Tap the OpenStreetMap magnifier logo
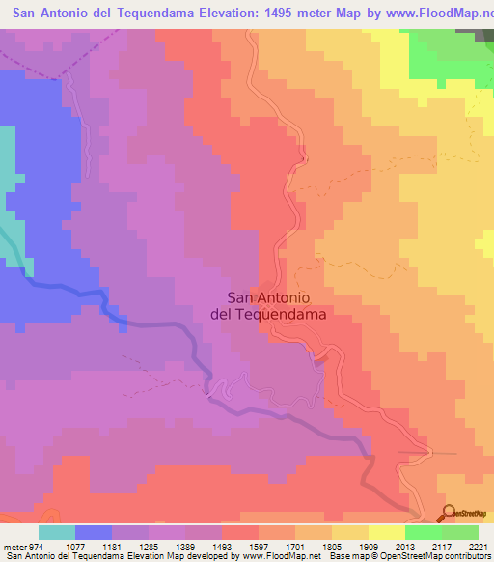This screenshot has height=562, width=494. point(450,513)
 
